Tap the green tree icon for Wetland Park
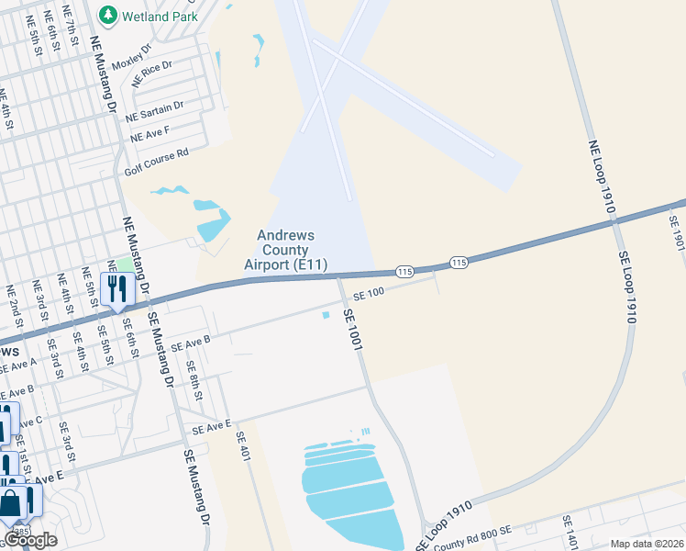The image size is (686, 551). tap(109, 15)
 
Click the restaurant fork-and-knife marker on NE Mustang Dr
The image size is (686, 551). tap(117, 288)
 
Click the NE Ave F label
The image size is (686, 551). tap(150, 134)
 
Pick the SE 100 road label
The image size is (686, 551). tap(367, 293)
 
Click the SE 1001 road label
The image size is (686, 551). tap(355, 327)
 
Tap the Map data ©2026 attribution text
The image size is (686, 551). tap(647, 544)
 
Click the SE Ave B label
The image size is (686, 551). tap(191, 344)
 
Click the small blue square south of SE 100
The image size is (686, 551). tap(325, 317)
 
